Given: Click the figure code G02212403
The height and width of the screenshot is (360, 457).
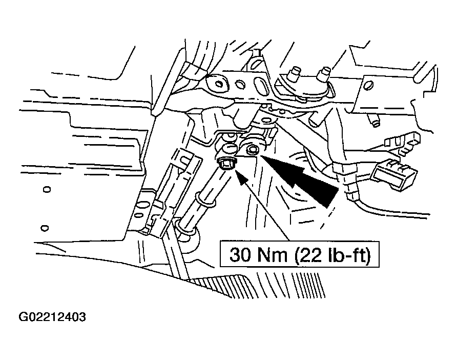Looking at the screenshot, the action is pos(52,317).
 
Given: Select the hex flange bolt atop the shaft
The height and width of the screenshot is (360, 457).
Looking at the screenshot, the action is pos(227,164).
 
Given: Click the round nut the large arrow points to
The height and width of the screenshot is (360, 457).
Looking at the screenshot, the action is pos(251,150).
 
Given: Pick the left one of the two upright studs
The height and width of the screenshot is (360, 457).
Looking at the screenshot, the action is pos(293,75).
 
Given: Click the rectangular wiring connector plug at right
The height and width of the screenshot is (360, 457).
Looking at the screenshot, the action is pos(394,175).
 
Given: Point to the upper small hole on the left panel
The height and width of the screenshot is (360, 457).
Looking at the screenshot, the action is pos(47,190).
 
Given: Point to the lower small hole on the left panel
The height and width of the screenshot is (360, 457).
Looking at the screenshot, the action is pos(45,228).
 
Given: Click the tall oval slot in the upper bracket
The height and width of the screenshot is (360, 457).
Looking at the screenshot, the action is pos(259,85).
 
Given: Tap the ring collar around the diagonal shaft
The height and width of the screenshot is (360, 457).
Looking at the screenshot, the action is pos(206,200).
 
